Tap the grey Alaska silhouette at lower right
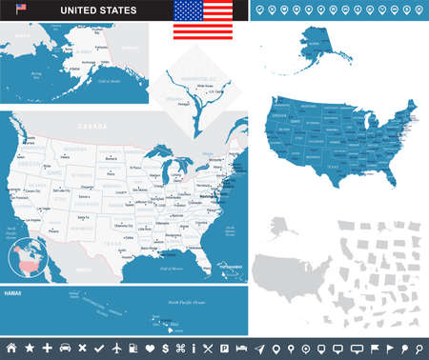coord(283,229)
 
